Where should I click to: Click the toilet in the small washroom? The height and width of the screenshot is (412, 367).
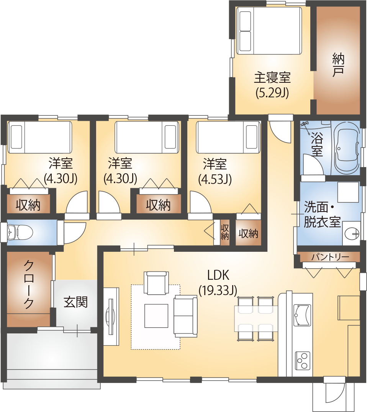(20, 232)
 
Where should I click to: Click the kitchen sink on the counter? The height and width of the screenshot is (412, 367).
(301, 315)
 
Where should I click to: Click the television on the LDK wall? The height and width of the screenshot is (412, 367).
(110, 316)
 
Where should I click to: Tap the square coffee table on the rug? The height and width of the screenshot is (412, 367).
(156, 316)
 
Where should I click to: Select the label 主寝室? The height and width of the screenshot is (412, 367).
(272, 78)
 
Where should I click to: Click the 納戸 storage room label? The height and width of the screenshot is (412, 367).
(338, 65)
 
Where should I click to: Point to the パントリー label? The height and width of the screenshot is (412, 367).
(330, 257)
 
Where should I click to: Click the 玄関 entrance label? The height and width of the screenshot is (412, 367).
(75, 302)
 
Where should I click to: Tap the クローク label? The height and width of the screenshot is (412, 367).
(28, 284)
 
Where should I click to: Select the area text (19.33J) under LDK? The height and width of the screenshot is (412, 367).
(218, 291)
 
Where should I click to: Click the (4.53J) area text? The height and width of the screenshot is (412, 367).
(215, 179)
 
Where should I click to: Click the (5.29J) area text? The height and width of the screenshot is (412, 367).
(272, 92)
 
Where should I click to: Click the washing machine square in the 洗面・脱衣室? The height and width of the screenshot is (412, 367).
(348, 193)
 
